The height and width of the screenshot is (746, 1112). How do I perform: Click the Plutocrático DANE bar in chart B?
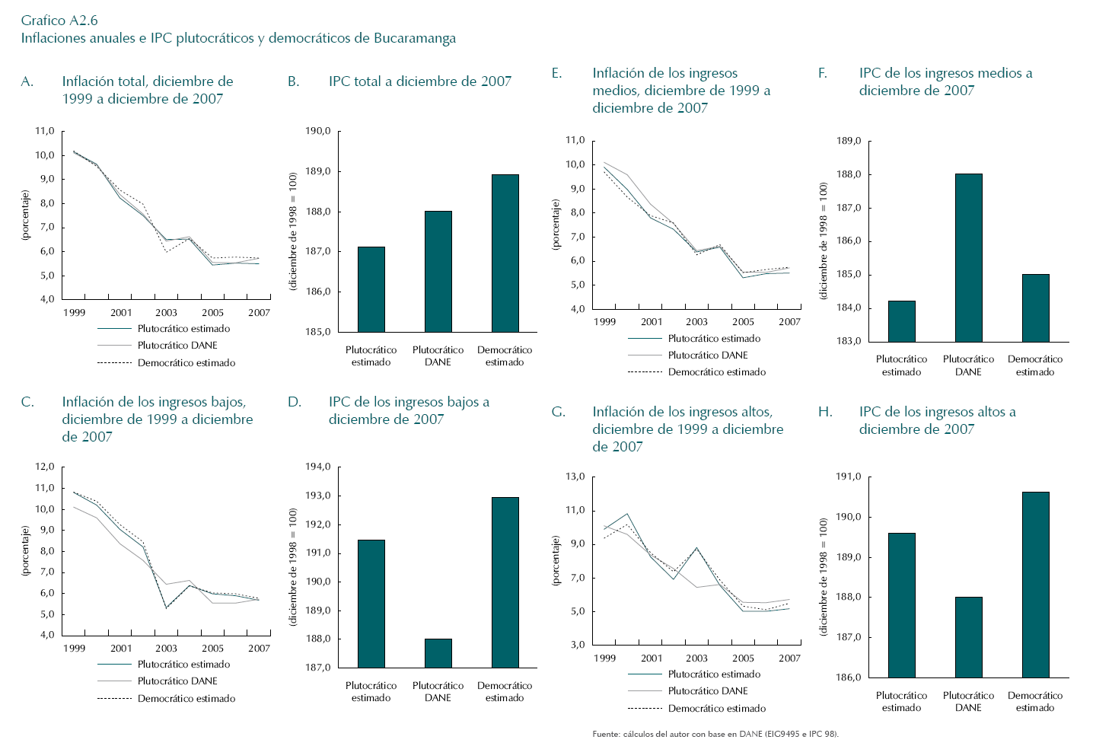(438, 272)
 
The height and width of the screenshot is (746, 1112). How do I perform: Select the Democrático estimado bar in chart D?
(505, 582)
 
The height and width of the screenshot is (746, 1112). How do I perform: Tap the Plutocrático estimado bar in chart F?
(901, 321)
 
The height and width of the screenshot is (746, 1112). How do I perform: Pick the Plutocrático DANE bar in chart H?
(968, 637)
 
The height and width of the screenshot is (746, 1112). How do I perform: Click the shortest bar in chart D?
(438, 653)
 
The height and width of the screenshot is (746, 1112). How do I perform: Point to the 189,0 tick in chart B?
(318, 171)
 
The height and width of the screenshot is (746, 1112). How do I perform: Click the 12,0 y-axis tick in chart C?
(45, 467)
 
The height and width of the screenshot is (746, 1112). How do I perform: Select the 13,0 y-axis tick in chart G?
(575, 477)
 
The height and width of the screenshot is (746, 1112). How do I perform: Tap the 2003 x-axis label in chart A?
(166, 313)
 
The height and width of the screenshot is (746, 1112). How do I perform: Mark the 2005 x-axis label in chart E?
(743, 322)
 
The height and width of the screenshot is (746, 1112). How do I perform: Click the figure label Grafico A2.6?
(59, 21)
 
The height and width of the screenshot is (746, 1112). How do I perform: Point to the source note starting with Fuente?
(715, 734)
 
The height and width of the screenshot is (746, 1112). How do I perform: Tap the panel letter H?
(825, 412)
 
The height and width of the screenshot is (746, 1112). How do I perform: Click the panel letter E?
(557, 73)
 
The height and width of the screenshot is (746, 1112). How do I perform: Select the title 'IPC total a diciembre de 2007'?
(419, 81)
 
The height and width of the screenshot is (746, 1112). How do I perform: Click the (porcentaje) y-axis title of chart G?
(556, 560)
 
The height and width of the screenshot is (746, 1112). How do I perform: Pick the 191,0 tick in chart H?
(849, 477)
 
